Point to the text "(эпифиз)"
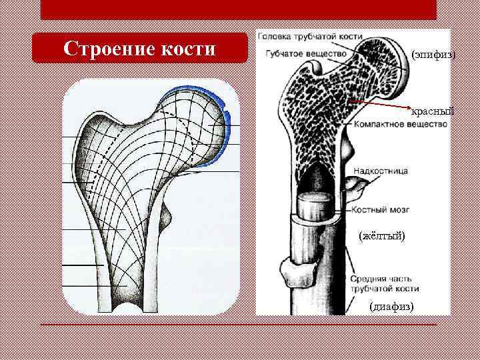(433, 53)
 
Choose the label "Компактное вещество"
(400, 125)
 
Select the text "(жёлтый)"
(381, 236)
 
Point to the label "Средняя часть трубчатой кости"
(385, 284)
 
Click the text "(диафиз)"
(391, 306)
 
